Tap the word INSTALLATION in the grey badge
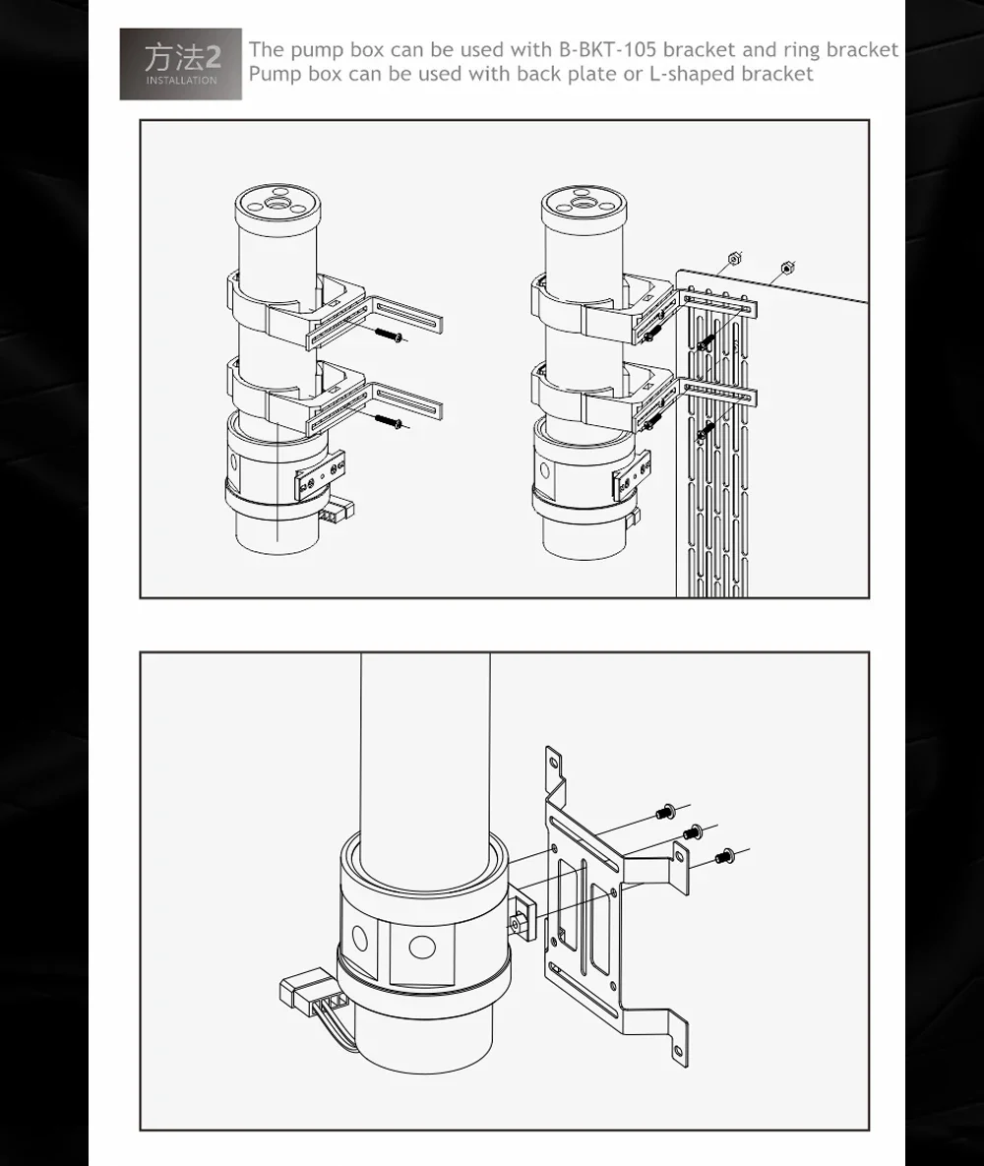pyautogui.click(x=181, y=81)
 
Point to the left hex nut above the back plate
pyautogui.click(x=734, y=259)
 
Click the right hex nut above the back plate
pyautogui.click(x=787, y=268)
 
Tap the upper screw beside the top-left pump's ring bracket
pyautogui.click(x=389, y=336)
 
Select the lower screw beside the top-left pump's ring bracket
pyautogui.click(x=389, y=422)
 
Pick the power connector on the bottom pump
pyautogui.click(x=306, y=991)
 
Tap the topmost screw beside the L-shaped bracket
pyautogui.click(x=665, y=813)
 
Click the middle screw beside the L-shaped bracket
pyautogui.click(x=693, y=831)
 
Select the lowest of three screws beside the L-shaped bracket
pyautogui.click(x=724, y=856)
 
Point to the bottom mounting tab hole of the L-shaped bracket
pyautogui.click(x=678, y=1052)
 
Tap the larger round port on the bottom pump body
pyautogui.click(x=422, y=948)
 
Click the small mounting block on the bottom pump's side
pyautogui.click(x=523, y=916)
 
